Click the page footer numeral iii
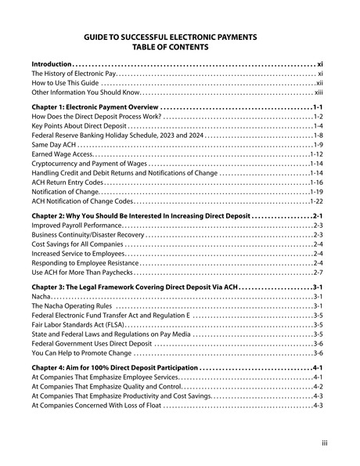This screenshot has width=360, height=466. click(324, 444)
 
